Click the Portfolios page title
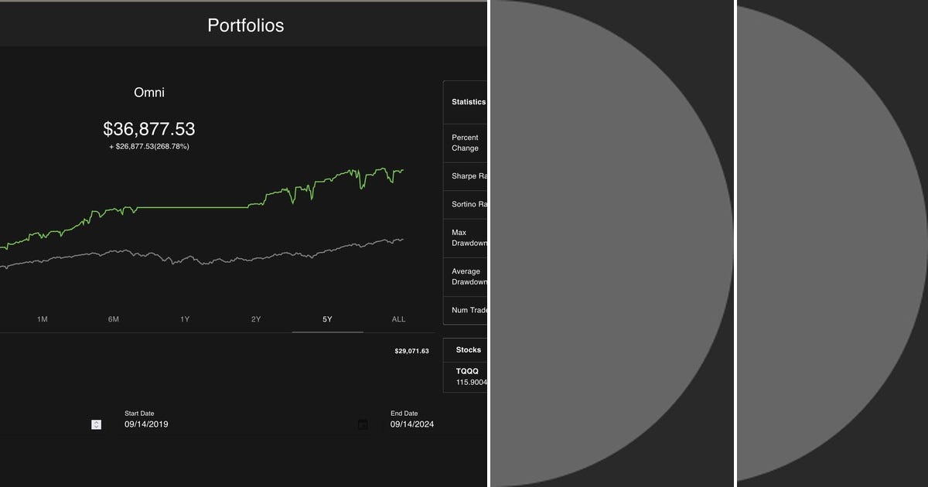(x=245, y=25)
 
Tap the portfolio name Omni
(x=149, y=93)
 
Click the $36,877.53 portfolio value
(x=149, y=128)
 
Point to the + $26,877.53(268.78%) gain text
(x=149, y=146)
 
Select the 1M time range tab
(x=43, y=319)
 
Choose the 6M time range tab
(x=114, y=319)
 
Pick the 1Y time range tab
(x=185, y=319)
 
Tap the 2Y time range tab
(x=256, y=319)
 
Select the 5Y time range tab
(x=327, y=319)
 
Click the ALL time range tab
(x=398, y=319)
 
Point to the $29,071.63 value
(x=411, y=351)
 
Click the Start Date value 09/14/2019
(x=146, y=424)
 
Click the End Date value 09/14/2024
(x=411, y=424)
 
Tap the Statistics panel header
(x=469, y=102)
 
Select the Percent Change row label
(x=466, y=143)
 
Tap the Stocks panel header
(x=469, y=350)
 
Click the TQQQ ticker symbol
(x=467, y=371)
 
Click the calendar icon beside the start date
(x=363, y=424)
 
